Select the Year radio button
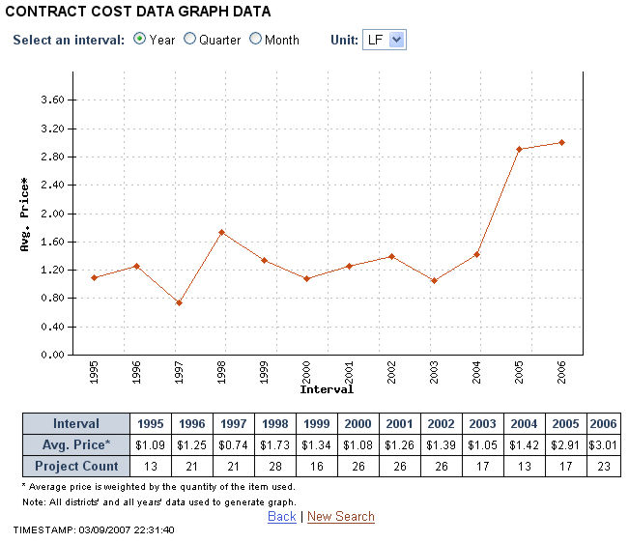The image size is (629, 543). tap(140, 40)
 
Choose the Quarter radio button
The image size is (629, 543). tap(190, 40)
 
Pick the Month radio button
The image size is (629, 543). tap(256, 40)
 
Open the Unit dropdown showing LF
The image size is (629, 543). tap(384, 40)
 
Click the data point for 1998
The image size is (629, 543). tap(222, 232)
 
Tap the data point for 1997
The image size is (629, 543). tap(179, 302)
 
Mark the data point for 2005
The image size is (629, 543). tap(519, 149)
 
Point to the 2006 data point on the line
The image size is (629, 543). tap(561, 142)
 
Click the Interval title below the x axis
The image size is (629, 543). tap(327, 390)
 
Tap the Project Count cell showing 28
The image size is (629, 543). tap(274, 466)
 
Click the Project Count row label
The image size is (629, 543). tap(76, 466)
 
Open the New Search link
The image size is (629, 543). tap(340, 517)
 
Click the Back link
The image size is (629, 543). tap(281, 517)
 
